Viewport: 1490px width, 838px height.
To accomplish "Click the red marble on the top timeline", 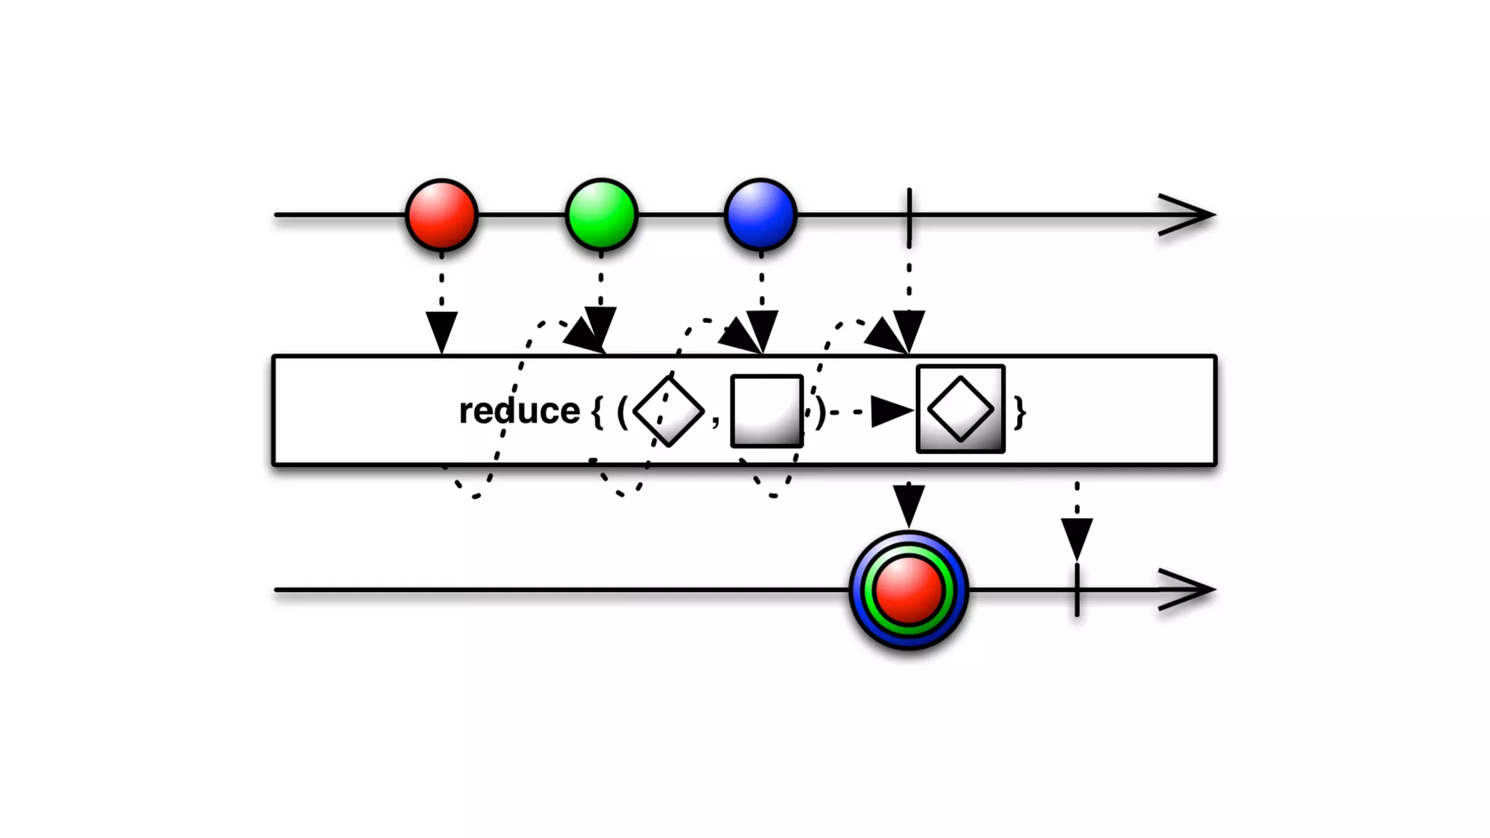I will tap(442, 215).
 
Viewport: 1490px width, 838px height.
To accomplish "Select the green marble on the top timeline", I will tap(602, 215).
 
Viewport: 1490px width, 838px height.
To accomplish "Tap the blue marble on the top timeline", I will tap(761, 215).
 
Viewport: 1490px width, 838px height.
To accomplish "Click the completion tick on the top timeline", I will tap(909, 216).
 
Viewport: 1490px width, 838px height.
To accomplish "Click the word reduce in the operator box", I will tap(519, 411).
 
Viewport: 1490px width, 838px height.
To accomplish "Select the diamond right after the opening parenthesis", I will tap(669, 411).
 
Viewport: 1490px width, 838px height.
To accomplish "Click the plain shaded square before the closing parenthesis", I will tap(767, 411).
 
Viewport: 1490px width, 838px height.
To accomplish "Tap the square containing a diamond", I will tap(960, 410).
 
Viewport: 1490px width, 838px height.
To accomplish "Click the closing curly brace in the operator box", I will tap(1020, 412).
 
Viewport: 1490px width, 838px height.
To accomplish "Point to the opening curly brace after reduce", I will tap(597, 412).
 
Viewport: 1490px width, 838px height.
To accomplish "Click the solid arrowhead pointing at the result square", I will tap(891, 412).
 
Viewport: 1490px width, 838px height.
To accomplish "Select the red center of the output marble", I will tap(909, 590).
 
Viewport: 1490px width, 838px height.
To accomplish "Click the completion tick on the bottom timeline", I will tap(1077, 590).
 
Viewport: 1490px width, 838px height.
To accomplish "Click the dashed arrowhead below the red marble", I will tap(442, 331).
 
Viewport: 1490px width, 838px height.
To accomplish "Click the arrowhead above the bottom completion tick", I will tap(1077, 538).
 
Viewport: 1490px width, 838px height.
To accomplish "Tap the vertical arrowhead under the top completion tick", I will tap(909, 330).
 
